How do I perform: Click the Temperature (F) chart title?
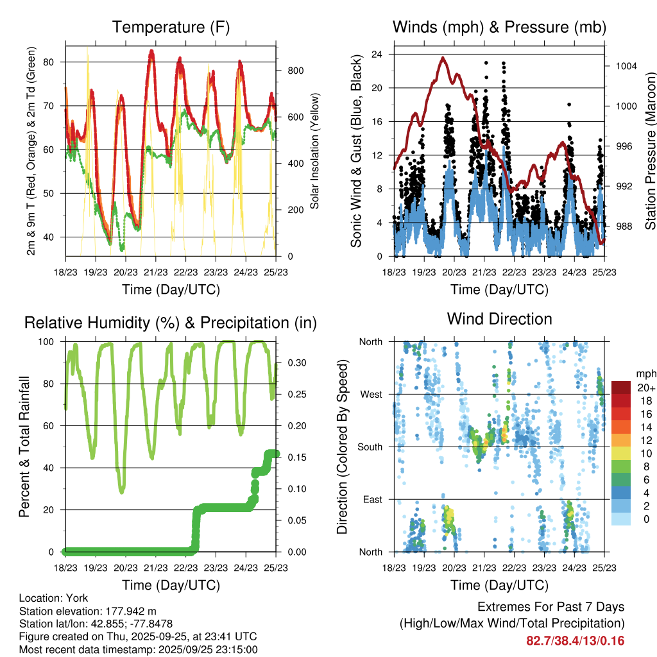(171, 28)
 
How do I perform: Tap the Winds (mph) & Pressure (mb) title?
(499, 28)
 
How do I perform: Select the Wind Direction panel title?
(499, 319)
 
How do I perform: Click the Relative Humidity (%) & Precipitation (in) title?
(171, 323)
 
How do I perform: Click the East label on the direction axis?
(371, 499)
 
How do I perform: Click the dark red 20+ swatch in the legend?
(621, 388)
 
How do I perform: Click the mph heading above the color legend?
(645, 373)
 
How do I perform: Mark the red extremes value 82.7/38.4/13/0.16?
(576, 640)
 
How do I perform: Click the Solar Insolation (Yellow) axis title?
(315, 151)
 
